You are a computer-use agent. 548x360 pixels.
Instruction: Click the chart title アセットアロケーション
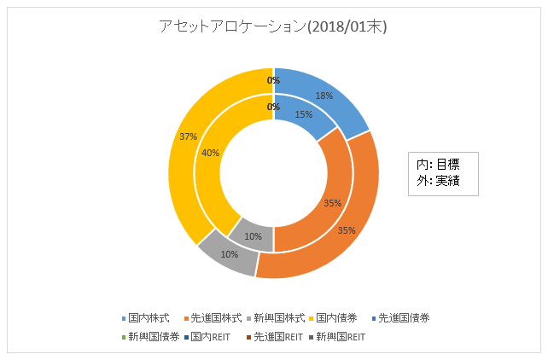tap(273, 27)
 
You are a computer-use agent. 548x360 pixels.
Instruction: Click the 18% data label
tap(324, 96)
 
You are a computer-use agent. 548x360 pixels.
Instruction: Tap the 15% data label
tap(304, 114)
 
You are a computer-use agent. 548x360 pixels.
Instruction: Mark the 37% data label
tap(188, 136)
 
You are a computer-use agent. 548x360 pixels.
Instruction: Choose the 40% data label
tap(210, 153)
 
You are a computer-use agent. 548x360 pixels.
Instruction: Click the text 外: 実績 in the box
tap(436, 181)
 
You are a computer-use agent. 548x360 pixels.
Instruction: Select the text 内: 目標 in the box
tap(436, 165)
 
